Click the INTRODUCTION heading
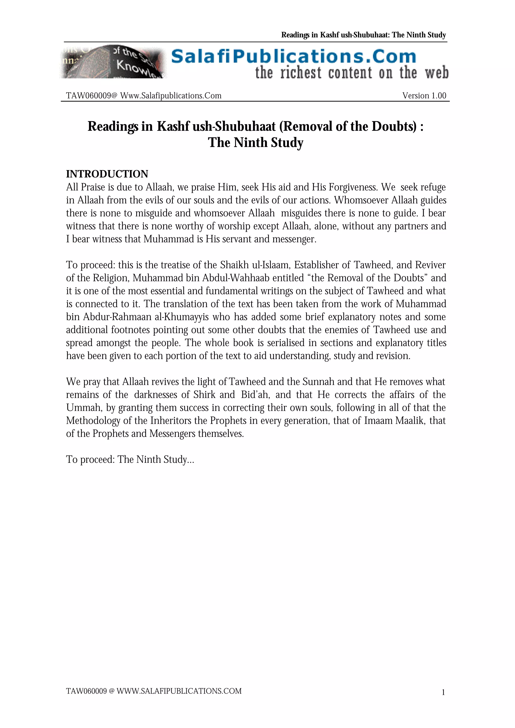pyautogui.click(x=107, y=174)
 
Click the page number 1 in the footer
pyautogui.click(x=443, y=693)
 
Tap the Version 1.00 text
pyautogui.click(x=424, y=96)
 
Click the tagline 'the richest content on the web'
pyautogui.click(x=352, y=73)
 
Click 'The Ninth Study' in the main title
pyautogui.click(x=255, y=142)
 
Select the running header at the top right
pyautogui.click(x=363, y=35)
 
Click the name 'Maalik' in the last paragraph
pyautogui.click(x=410, y=421)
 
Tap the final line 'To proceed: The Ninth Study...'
pyautogui.click(x=130, y=459)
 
